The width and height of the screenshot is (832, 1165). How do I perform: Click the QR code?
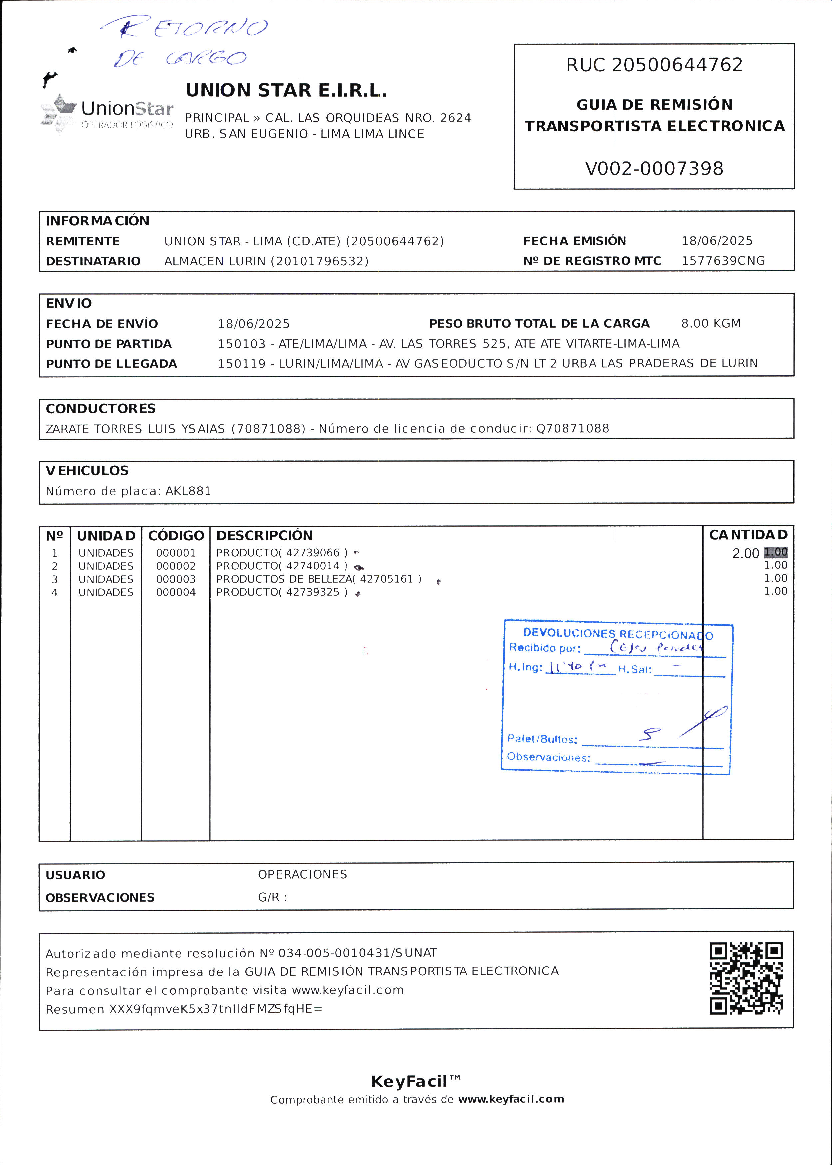[x=746, y=978]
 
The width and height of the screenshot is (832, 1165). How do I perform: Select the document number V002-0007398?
[x=654, y=168]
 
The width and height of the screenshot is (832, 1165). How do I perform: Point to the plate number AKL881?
[x=188, y=491]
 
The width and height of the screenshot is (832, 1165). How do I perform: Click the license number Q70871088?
[x=572, y=428]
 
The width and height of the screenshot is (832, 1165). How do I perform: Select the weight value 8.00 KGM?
[x=710, y=323]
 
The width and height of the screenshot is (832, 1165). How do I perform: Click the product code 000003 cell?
[x=176, y=579]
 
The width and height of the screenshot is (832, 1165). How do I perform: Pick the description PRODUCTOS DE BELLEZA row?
[x=319, y=579]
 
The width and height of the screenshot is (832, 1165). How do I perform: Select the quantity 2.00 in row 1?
[x=745, y=553]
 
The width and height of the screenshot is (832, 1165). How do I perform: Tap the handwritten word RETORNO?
[x=190, y=27]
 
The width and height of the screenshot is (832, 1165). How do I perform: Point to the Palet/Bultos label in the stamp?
[x=542, y=739]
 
